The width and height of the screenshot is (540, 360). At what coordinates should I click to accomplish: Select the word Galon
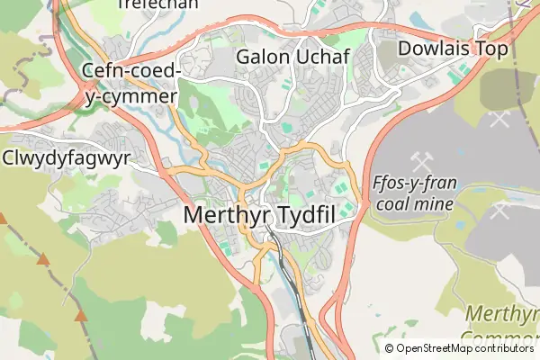pos(262,57)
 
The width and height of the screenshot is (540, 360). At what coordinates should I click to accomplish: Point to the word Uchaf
pos(321,57)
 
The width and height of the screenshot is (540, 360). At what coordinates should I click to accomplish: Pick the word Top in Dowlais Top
pos(490,49)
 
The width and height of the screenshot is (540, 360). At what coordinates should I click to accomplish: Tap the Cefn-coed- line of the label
pos(131,71)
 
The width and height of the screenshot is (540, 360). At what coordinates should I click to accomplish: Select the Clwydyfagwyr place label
pos(67,159)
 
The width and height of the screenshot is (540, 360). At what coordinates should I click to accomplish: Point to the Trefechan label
pos(146,4)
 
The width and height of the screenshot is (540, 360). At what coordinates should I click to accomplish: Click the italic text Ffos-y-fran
pos(414,184)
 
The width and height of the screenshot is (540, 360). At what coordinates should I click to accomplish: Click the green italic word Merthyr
pos(503,314)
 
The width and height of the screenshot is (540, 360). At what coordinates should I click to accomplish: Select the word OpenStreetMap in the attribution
pos(435,348)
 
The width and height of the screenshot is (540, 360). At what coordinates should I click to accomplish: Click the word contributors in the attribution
pos(506,348)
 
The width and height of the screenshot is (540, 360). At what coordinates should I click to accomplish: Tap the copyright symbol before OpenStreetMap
pos(389,348)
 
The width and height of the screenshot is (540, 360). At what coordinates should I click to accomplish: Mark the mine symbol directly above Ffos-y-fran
pos(419,162)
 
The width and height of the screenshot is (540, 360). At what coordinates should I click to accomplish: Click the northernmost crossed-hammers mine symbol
pos(499,117)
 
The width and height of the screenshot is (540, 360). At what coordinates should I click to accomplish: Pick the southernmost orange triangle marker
pos(82,316)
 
